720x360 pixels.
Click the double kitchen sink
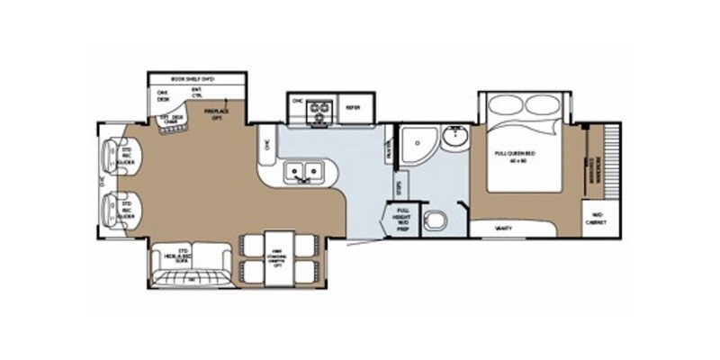(x=303, y=170)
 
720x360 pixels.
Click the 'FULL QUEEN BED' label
(x=515, y=157)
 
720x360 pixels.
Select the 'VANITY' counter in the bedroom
(x=505, y=229)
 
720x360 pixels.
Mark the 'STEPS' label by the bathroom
(x=399, y=186)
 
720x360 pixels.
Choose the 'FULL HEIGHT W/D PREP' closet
(x=399, y=219)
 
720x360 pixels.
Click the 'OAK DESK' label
(x=164, y=94)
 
